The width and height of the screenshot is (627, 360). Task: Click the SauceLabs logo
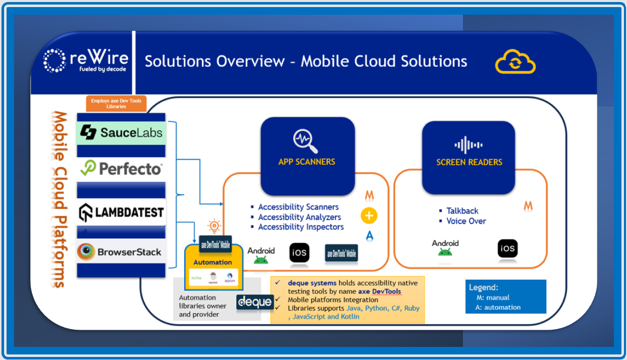[121, 132]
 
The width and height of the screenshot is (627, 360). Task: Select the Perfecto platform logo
[121, 169]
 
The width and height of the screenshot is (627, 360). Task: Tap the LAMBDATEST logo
[121, 213]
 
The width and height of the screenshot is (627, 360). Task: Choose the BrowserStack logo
[121, 251]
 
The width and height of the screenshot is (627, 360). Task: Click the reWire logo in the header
[85, 61]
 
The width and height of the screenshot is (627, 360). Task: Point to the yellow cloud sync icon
[515, 62]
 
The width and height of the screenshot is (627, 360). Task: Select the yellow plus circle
[369, 216]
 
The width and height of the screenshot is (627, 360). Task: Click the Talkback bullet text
[462, 211]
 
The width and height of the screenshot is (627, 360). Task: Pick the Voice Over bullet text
[466, 221]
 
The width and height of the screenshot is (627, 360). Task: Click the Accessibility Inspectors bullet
[300, 227]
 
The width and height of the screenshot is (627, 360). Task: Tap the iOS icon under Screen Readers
[507, 248]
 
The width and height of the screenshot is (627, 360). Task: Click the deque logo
[255, 302]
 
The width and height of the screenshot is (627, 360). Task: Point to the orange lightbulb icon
[215, 226]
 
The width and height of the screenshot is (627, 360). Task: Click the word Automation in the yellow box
[213, 262]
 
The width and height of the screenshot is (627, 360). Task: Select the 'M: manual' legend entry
[493, 298]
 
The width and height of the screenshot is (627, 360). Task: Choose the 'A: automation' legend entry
[498, 307]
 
